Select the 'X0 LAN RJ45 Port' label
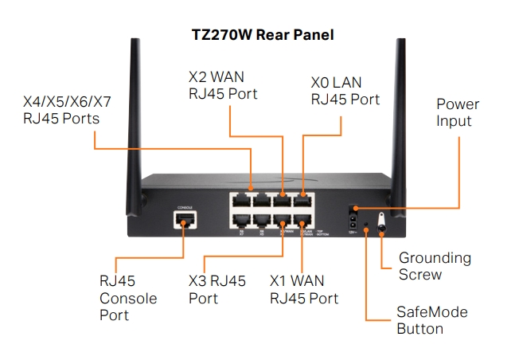coord(345,92)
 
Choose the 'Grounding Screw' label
coord(435,266)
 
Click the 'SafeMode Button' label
coord(431,320)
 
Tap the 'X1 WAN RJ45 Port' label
coord(303,290)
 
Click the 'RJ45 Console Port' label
coord(128,298)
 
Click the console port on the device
coord(183,220)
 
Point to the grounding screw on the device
coord(380,228)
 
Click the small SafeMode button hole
coord(365,230)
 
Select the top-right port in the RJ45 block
coord(303,200)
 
